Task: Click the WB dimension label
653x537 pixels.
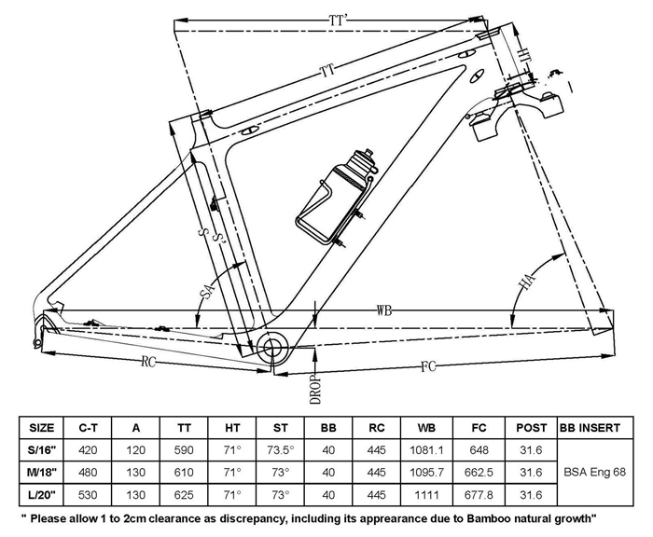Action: click(385, 309)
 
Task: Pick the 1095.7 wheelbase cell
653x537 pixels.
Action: click(427, 472)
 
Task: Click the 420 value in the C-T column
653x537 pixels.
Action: click(89, 448)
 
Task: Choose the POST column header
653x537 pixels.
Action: click(531, 428)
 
